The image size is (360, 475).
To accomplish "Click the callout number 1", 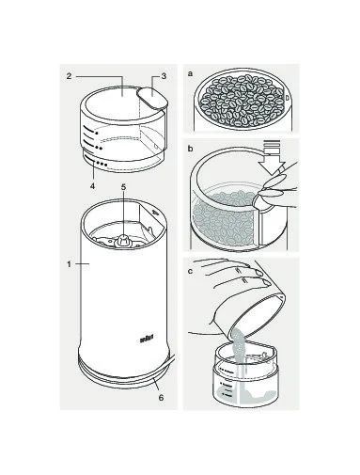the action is click(69, 264).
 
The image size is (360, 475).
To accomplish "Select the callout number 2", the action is click(70, 76).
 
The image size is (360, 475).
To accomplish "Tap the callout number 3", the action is click(164, 76).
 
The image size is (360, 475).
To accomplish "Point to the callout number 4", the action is click(92, 186).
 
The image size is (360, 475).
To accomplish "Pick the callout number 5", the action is click(123, 187).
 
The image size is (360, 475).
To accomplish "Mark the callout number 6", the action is click(161, 398).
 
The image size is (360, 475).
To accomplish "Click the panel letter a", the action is click(190, 74).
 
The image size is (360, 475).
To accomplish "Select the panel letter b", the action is click(190, 149).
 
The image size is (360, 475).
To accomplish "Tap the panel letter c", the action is click(190, 271).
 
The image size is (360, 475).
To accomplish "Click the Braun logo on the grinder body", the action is click(147, 338).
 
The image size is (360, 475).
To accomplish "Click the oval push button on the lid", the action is click(151, 97).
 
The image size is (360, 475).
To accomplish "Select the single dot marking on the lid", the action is click(97, 133).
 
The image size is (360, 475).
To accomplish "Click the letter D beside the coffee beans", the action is click(287, 98).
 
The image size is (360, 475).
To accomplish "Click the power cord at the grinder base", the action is click(173, 361).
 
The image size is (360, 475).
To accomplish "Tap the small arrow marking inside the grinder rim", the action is click(154, 212).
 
